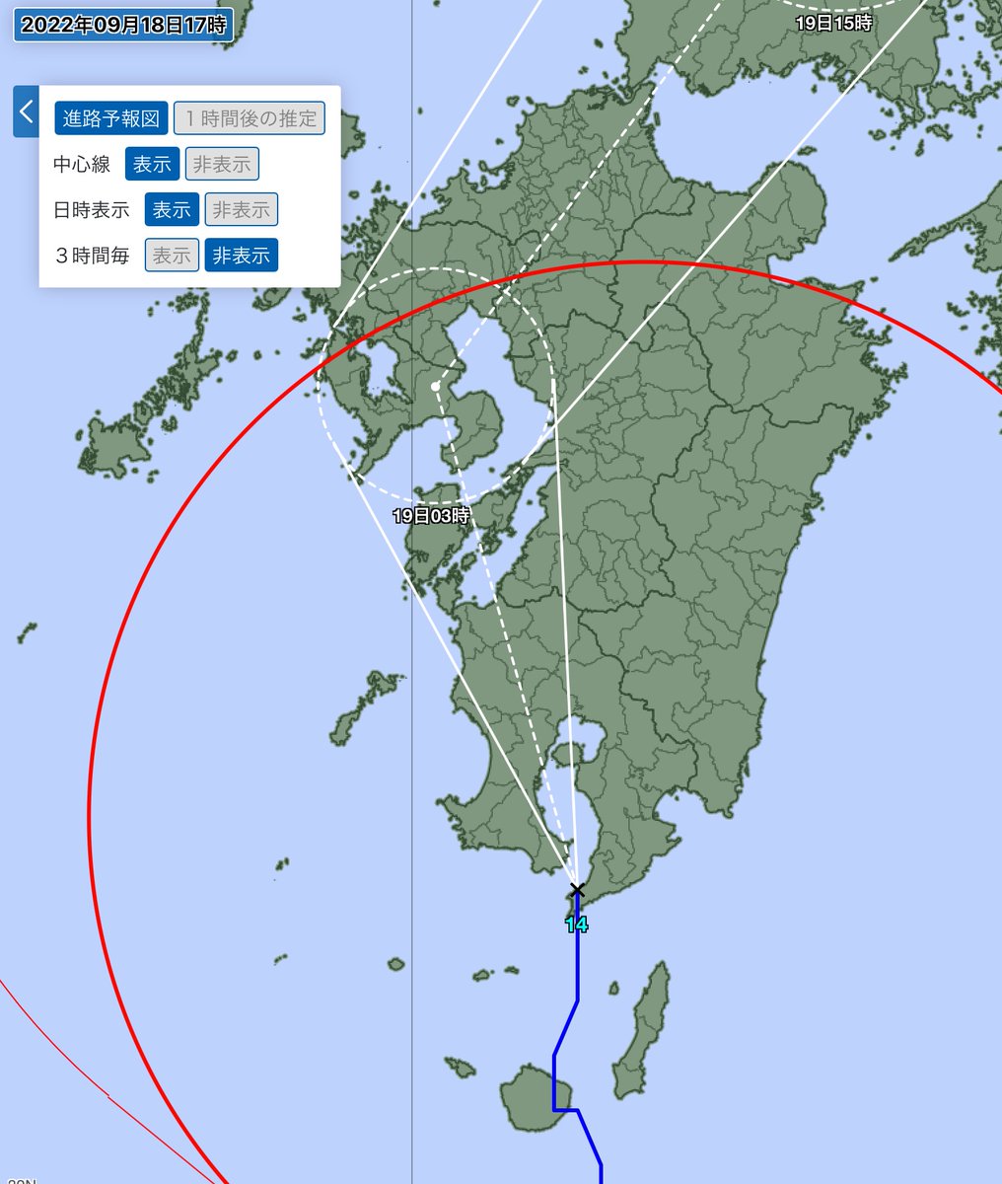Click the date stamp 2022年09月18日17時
pos(123,26)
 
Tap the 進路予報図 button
pos(111,118)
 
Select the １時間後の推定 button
pos(250,118)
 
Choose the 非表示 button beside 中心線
pos(222,164)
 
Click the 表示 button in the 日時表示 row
pos(172,209)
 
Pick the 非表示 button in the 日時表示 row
pos(242,209)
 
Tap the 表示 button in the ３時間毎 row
pos(172,256)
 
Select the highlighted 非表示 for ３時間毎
pos(242,256)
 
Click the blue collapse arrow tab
pos(26,111)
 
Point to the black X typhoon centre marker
pos(577,890)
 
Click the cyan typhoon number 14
pos(577,925)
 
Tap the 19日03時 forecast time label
pos(431,515)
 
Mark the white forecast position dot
pos(436,386)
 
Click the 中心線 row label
pos(82,164)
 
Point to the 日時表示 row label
pos(92,209)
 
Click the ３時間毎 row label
pos(92,256)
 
